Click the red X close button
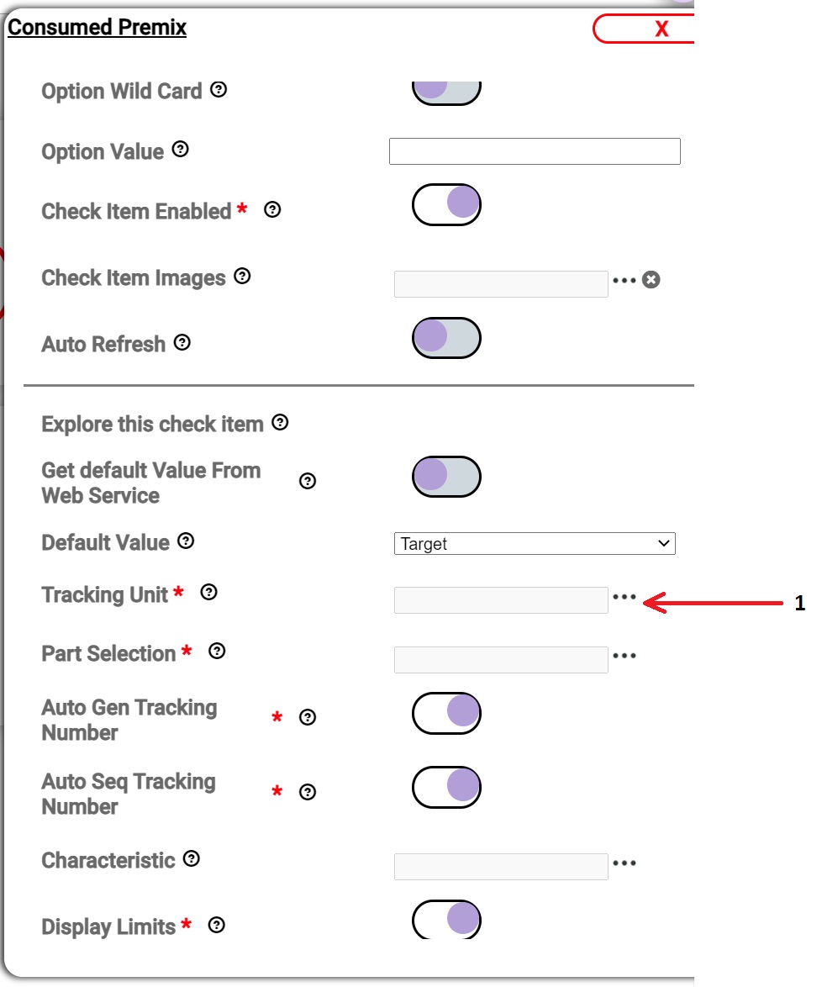[661, 29]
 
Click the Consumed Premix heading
[97, 28]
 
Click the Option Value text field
[534, 151]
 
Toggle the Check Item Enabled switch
[446, 204]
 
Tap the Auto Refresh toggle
[446, 338]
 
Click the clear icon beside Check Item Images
[651, 280]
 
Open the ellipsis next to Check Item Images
[624, 280]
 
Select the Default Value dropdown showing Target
[534, 544]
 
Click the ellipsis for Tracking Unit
[624, 597]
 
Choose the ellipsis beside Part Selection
[624, 655]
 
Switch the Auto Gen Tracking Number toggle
[446, 713]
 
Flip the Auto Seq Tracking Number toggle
[446, 787]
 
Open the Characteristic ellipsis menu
[624, 863]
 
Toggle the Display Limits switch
[446, 920]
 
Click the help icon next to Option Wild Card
[219, 89]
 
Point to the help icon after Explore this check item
[281, 423]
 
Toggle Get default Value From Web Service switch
[446, 477]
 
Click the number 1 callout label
[800, 603]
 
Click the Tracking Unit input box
[501, 600]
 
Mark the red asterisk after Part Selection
[186, 652]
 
